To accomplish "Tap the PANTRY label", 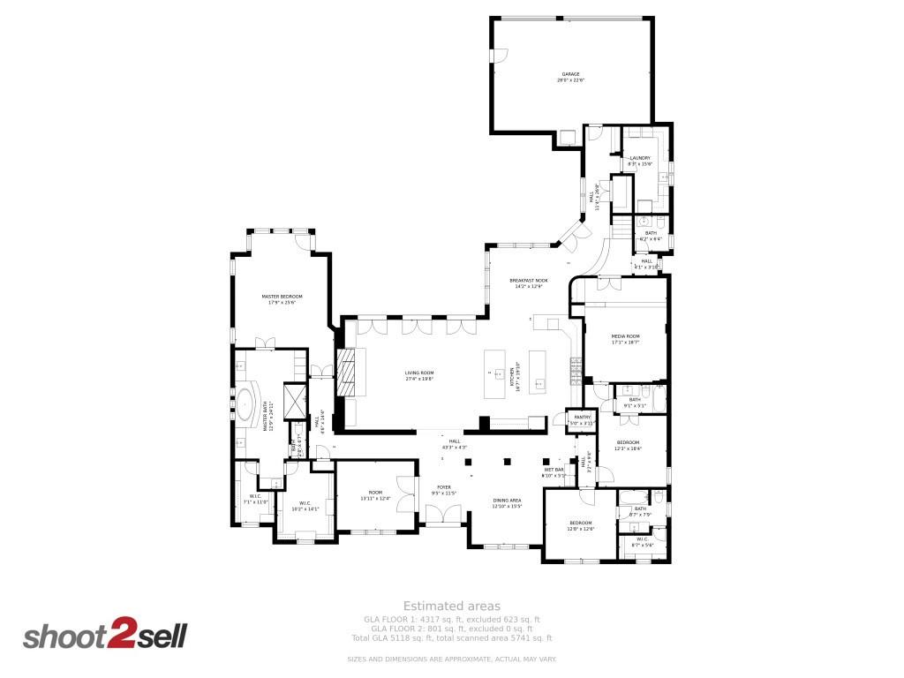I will (583, 418).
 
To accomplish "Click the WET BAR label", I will (566, 471).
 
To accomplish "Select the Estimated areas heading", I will (452, 606).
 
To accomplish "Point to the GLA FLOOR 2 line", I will (452, 629).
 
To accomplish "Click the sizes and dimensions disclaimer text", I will (452, 659).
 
